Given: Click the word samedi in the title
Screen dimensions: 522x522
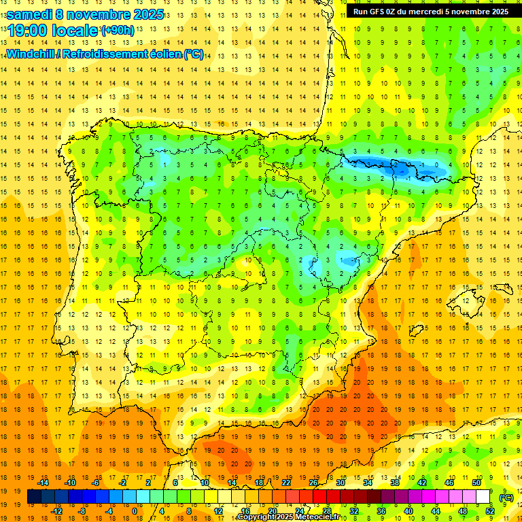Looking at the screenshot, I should [x=31, y=14].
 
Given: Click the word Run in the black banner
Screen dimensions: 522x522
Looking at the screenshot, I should [x=360, y=12].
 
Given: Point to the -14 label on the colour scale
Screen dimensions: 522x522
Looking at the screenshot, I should [x=43, y=483].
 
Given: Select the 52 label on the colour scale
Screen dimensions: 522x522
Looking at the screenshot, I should [x=490, y=511].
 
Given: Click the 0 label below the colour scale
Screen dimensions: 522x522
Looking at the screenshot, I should [x=134, y=511].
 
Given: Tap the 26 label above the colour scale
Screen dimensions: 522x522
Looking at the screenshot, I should [x=313, y=483].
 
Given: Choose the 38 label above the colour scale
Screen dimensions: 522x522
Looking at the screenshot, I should [x=395, y=483].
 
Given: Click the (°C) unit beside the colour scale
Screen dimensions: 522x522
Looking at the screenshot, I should [x=506, y=498].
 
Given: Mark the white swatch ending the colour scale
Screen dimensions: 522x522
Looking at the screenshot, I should [x=483, y=497].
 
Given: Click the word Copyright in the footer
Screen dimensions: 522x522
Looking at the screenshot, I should [x=259, y=517].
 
